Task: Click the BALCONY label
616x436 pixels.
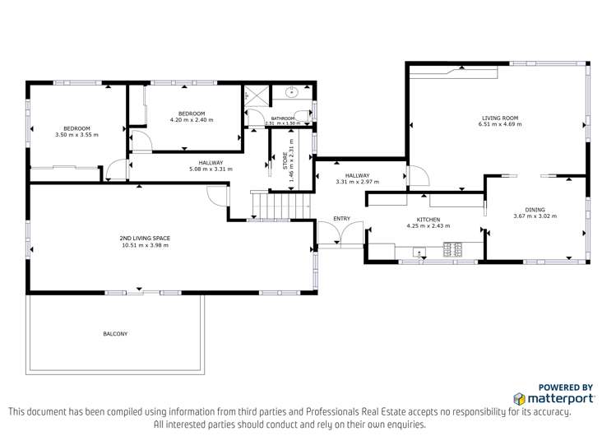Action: click(115, 333)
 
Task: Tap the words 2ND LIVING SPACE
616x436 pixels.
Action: click(144, 238)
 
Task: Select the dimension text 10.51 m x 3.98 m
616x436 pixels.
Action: click(144, 244)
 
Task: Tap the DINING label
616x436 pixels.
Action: click(535, 210)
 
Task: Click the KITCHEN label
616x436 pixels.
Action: click(428, 220)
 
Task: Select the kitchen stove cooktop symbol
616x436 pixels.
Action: click(453, 248)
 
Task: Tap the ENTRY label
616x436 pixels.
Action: click(341, 218)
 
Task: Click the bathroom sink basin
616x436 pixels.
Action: click(291, 93)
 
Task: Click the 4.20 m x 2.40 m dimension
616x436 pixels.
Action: click(192, 120)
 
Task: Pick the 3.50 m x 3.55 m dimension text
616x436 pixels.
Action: click(76, 134)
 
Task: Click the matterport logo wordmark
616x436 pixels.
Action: click(553, 397)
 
